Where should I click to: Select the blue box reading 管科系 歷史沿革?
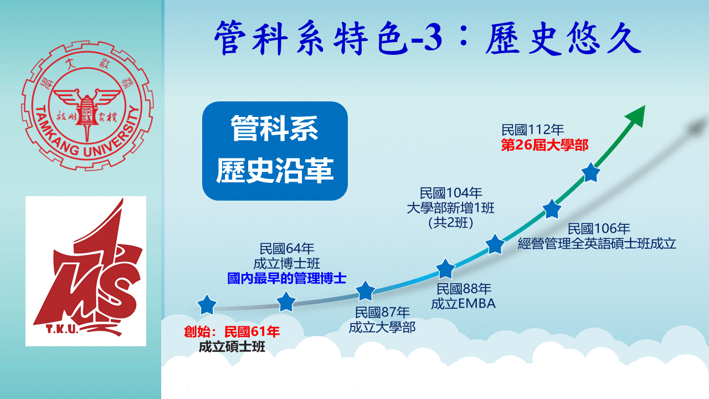point(275,151)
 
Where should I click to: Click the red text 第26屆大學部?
point(544,145)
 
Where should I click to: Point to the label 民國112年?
point(532,130)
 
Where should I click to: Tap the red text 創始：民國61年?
point(232,331)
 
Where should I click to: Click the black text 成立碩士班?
point(232,347)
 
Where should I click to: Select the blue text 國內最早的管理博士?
point(287,278)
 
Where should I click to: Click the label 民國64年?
point(287,249)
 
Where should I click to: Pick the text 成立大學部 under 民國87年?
point(382,328)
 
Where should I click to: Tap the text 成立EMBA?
point(463,304)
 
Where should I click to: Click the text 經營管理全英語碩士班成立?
point(597,243)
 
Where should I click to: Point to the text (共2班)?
point(451,223)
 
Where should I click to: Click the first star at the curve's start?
point(207,305)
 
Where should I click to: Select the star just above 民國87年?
point(365,291)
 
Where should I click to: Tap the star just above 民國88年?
point(445,269)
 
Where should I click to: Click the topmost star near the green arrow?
point(590,172)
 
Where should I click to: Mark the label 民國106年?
point(599,229)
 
